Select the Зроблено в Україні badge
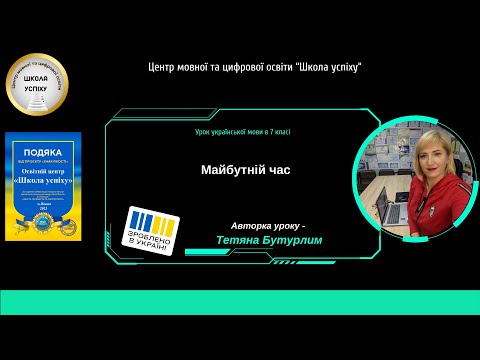155,230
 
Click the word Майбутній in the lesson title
229,170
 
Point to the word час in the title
277,170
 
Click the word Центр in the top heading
162,66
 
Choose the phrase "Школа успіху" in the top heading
329,66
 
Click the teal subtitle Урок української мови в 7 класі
242,132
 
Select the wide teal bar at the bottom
240,302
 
